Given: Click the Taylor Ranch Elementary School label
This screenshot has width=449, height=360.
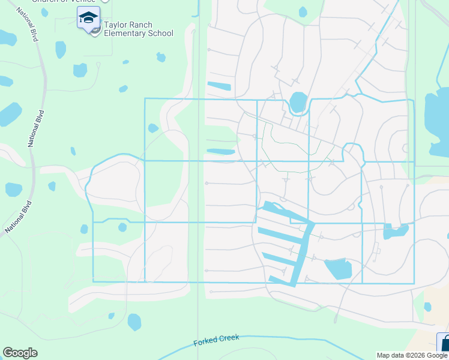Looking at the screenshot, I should [x=138, y=29].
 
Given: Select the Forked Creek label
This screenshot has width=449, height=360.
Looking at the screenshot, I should [x=216, y=340].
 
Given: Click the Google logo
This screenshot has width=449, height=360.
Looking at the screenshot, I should [x=20, y=353].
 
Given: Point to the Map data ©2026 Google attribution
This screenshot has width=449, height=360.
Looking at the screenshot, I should [x=412, y=355].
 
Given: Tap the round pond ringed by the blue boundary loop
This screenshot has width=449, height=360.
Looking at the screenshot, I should [x=298, y=102].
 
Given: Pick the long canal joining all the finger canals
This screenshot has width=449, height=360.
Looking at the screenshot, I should [x=303, y=252].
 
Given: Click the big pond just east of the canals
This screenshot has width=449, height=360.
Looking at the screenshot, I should [x=338, y=268].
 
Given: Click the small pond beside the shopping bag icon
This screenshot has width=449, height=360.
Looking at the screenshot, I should [x=427, y=307].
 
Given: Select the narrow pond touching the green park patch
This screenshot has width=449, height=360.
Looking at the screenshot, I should [x=220, y=152].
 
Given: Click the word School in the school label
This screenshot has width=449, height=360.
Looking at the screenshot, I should [x=161, y=34].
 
